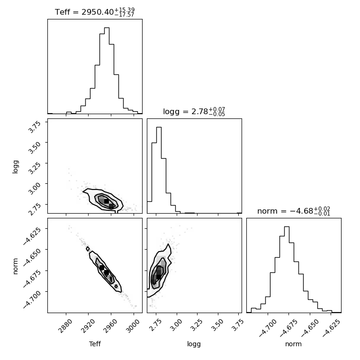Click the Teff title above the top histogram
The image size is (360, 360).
click(95, 12)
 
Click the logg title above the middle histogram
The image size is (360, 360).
click(194, 111)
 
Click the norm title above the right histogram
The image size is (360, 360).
click(294, 211)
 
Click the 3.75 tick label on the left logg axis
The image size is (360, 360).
click(35, 126)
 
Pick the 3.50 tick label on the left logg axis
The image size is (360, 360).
click(35, 147)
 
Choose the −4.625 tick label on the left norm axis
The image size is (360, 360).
click(32, 236)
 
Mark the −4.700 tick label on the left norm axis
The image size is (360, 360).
click(32, 299)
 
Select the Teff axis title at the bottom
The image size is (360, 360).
click(95, 344)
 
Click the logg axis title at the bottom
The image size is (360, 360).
click(194, 344)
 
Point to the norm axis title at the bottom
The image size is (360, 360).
click(293, 344)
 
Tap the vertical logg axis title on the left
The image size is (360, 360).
click(15, 166)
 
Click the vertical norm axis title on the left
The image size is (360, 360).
click(15, 266)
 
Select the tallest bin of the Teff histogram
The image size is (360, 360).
click(107, 71)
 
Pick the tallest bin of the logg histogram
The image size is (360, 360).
click(159, 170)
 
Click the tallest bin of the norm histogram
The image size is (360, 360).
click(287, 270)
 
